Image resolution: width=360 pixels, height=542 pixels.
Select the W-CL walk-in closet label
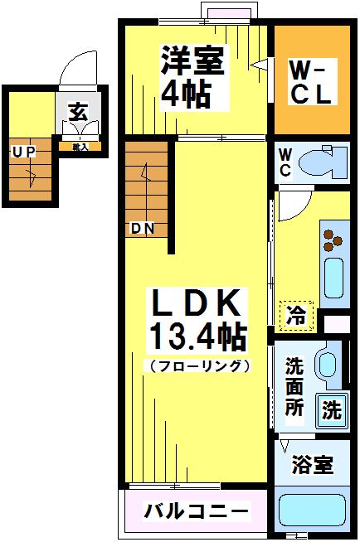pyautogui.click(x=311, y=81)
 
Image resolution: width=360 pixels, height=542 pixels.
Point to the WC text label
pyautogui.click(x=285, y=162)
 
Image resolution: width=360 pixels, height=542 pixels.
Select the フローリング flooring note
pyautogui.click(x=197, y=365)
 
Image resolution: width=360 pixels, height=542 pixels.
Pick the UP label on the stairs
pyautogui.click(x=22, y=152)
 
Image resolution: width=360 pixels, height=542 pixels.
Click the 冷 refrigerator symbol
pyautogui.click(x=296, y=315)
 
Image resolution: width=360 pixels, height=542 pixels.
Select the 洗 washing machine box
pyautogui.click(x=331, y=409)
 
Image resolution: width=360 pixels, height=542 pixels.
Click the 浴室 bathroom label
pyautogui.click(x=313, y=465)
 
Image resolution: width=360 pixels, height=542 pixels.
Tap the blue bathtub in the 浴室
pyautogui.click(x=313, y=511)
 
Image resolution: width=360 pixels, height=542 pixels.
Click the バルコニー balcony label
pyautogui.click(x=196, y=510)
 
